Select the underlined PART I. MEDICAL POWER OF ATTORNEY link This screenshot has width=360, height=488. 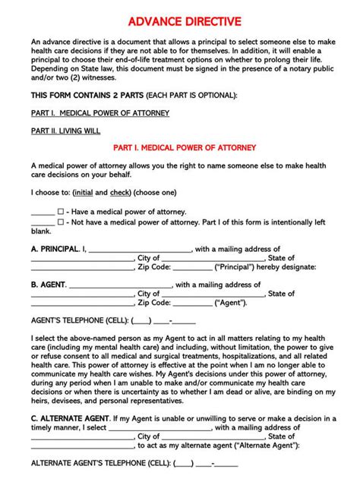pos(99,113)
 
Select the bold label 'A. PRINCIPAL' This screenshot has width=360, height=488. pos(54,248)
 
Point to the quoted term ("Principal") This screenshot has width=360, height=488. pos(239,267)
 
